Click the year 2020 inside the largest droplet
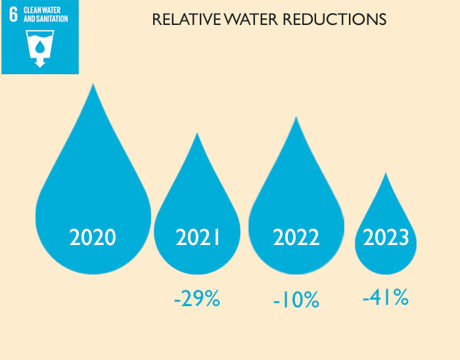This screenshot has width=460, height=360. point(93,236)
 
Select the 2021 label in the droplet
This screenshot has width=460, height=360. point(198,237)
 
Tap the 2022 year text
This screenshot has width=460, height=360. point(296,237)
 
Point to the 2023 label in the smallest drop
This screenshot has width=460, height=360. point(386,237)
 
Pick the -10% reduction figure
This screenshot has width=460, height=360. point(296,300)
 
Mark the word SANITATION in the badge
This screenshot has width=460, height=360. point(54,19)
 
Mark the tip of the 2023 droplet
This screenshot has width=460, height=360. point(386,174)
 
